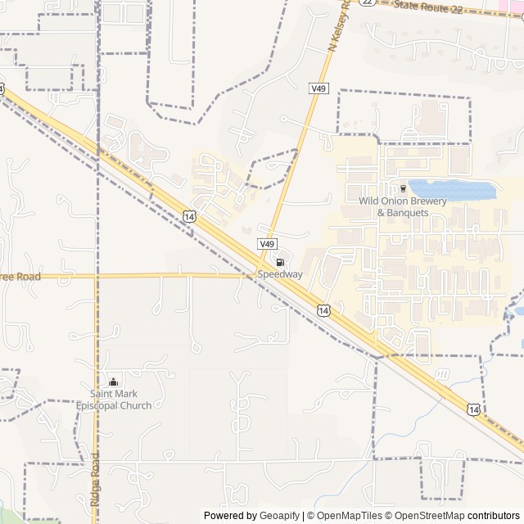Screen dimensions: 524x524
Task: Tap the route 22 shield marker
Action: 368,2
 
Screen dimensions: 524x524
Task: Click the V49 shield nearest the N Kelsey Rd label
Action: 319,88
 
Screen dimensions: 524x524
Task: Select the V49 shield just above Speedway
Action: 268,244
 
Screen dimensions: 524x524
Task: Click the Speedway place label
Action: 280,275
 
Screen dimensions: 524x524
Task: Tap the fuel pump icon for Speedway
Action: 280,262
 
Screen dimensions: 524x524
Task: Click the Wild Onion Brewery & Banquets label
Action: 403,207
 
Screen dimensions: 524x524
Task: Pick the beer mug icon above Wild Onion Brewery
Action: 403,188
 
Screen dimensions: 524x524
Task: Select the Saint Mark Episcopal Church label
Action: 114,400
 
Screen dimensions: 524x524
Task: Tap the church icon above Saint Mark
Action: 114,382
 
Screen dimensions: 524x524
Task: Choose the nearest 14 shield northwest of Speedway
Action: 190,216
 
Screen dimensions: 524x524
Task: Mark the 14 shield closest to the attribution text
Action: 474,408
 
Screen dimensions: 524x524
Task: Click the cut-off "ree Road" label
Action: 20,277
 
